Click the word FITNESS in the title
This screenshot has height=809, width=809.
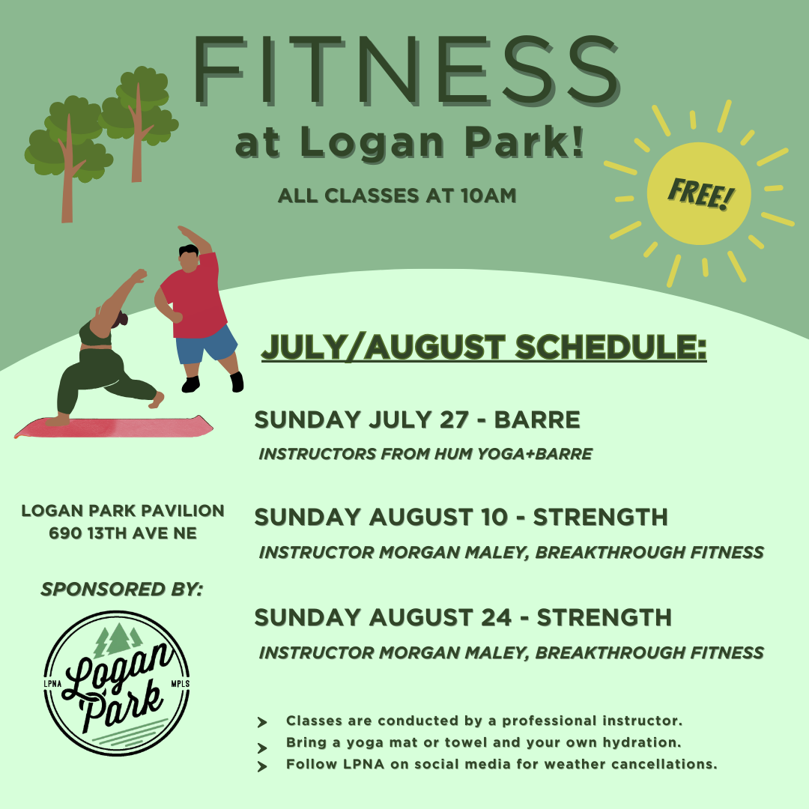[406, 70]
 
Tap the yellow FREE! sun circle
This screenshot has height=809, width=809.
[699, 193]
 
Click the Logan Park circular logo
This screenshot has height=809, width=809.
[117, 683]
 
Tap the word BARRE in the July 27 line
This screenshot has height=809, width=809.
[537, 419]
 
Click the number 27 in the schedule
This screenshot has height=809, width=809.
[454, 419]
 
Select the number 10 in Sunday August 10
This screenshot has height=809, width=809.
[493, 517]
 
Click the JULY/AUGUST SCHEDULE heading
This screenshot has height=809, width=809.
[484, 347]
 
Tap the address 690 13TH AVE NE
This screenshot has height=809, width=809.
[123, 533]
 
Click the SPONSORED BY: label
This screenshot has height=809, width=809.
[122, 590]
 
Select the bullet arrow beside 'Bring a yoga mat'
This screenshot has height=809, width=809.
[262, 748]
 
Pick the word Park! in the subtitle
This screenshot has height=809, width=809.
[524, 141]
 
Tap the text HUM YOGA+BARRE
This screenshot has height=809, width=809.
[513, 453]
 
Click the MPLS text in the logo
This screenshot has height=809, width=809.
[180, 684]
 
